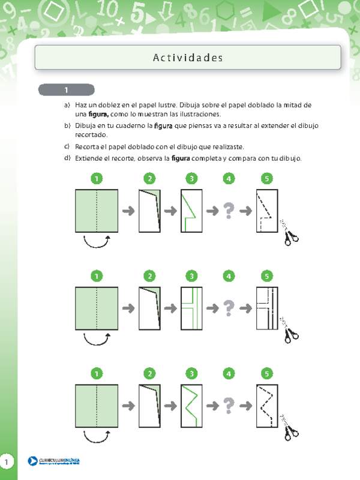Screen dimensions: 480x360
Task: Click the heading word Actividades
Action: [x=188, y=58]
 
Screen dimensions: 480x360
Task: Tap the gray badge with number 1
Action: [x=67, y=90]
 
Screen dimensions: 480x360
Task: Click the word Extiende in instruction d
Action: [x=90, y=158]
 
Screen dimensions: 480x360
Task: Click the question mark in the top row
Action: [x=228, y=211]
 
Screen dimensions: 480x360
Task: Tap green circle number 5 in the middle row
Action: [x=267, y=276]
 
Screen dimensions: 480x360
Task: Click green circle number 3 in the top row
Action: [x=191, y=178]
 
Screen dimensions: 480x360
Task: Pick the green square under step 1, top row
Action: [x=97, y=211]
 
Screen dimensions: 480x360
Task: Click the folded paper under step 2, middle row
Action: [x=150, y=308]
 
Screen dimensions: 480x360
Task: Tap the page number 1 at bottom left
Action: [x=6, y=461]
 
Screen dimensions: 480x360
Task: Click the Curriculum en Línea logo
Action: [x=54, y=461]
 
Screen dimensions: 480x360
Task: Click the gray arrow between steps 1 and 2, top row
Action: [x=128, y=211]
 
